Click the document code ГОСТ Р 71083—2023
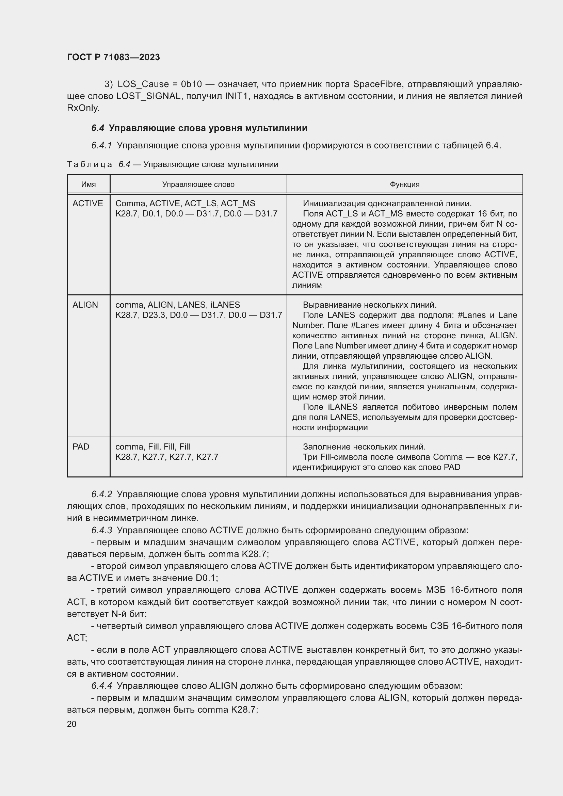coord(113,57)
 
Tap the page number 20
coord(72,724)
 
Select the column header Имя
coord(89,184)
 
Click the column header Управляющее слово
coord(198,184)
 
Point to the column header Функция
coord(405,184)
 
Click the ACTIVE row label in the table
coord(88,204)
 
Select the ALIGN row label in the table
coord(85,305)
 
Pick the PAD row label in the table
coord(81,446)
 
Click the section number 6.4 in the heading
coord(98,128)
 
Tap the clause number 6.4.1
coord(101,146)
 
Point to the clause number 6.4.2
coord(101,494)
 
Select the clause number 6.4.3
coord(101,530)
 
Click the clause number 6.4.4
coord(101,686)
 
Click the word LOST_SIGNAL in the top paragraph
coord(149,96)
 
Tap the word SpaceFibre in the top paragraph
coord(377,84)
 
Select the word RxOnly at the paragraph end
coord(83,108)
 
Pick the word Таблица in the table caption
coord(90,164)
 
